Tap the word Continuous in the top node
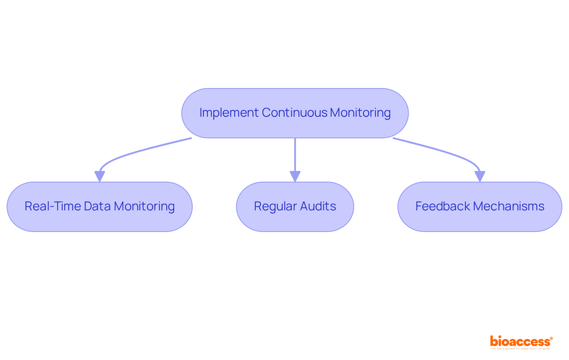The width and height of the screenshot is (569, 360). click(295, 113)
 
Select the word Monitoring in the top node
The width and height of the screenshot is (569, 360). click(360, 113)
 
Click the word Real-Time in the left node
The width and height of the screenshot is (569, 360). click(52, 206)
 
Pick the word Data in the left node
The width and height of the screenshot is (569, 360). click(97, 206)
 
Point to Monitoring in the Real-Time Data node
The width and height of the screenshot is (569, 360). click(144, 206)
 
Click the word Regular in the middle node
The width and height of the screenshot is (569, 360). click(275, 206)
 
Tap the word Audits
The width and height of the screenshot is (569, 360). click(318, 206)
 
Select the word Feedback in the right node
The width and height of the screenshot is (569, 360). click(443, 206)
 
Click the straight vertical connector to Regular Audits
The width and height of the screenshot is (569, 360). click(295, 154)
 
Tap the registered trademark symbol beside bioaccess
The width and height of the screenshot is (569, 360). click(551, 338)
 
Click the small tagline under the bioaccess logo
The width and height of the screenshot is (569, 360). click(520, 349)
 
